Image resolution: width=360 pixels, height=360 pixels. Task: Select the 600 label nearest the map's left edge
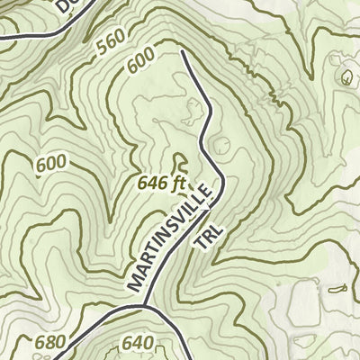pos(51,164)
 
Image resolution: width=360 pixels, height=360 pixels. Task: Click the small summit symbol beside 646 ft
pos(178,163)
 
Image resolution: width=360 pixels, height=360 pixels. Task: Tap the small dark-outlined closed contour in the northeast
pos(347,77)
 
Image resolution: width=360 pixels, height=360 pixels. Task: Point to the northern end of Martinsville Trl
pos(183,53)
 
